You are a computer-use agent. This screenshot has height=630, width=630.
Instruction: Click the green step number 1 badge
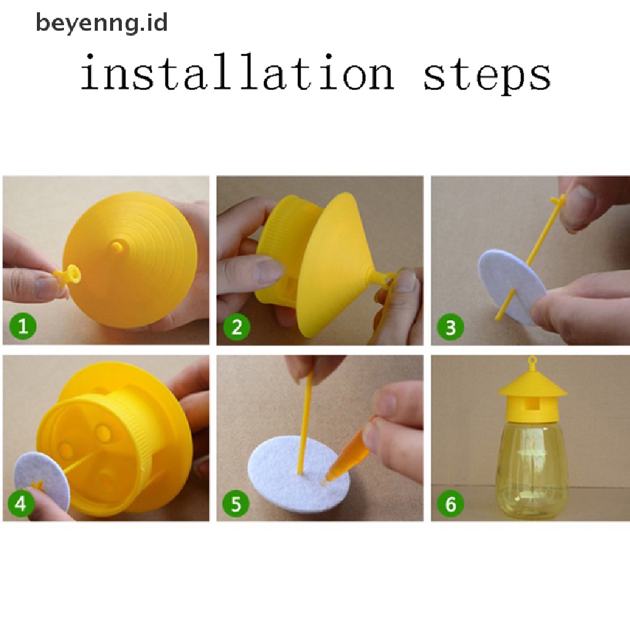point(23,325)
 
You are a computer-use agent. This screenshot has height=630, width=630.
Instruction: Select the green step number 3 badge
point(451,327)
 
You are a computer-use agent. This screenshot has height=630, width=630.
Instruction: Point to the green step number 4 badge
point(20,503)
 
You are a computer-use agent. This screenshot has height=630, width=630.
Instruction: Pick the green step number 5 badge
point(236,503)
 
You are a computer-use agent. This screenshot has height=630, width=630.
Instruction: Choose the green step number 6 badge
point(451,503)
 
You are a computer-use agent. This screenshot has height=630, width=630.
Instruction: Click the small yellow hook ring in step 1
point(73,274)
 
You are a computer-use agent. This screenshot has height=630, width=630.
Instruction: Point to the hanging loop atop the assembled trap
point(532,362)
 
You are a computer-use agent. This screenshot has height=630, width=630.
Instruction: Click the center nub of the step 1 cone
point(117,245)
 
